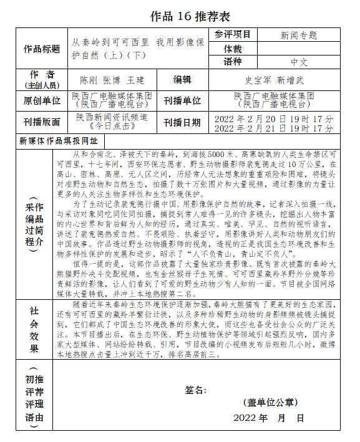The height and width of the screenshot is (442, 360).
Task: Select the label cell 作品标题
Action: (42, 49)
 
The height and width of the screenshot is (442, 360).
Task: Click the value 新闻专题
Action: (299, 36)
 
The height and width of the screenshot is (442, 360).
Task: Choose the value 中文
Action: (299, 62)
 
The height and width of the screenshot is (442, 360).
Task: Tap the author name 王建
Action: (135, 80)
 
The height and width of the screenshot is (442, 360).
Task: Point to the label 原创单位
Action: (42, 100)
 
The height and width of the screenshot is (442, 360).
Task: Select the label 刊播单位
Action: (182, 100)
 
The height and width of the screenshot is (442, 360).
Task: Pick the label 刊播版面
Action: (42, 122)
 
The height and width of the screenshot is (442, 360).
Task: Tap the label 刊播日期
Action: (182, 122)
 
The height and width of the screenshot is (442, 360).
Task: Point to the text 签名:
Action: (195, 390)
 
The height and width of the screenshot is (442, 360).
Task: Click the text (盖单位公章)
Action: (270, 403)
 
